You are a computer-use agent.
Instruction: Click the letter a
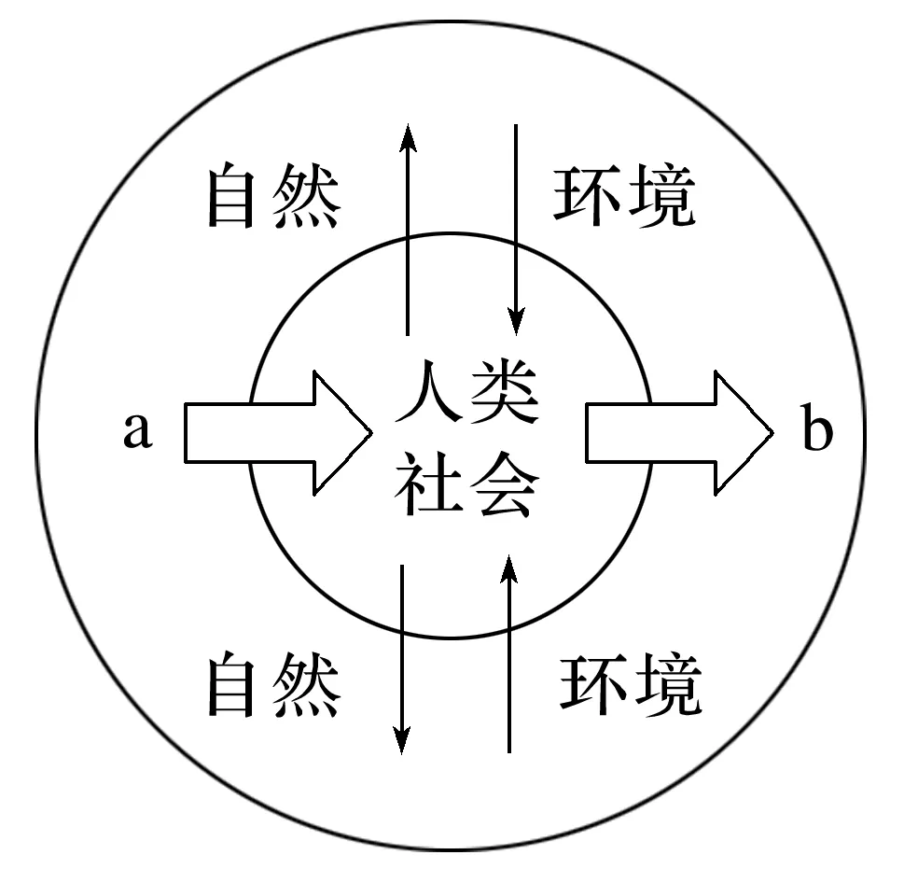coord(137,431)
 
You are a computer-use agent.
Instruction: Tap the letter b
coord(816,431)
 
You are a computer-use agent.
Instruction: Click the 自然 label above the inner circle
coord(272,196)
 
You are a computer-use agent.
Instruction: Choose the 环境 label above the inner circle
coord(623,196)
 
